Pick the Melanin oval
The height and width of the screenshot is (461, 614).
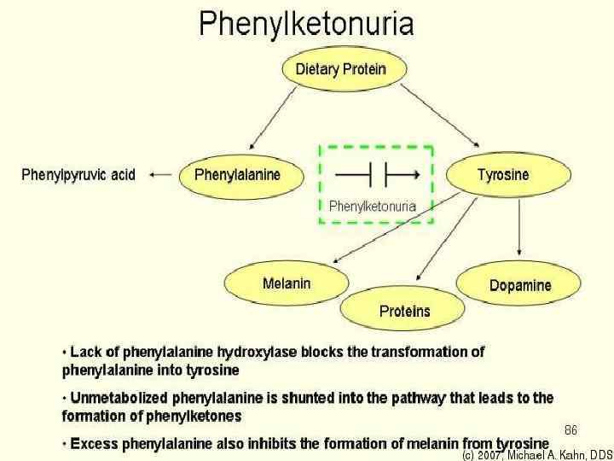[x=287, y=283]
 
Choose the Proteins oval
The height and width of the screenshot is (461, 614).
[x=404, y=311]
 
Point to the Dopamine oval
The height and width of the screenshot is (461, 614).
[x=519, y=285]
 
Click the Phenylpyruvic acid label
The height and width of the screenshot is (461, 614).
[x=78, y=175]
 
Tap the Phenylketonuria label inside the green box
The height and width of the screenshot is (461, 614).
[x=373, y=206]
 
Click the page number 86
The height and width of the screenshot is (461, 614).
[x=571, y=428]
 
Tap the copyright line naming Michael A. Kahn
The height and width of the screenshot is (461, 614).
[x=537, y=454]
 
